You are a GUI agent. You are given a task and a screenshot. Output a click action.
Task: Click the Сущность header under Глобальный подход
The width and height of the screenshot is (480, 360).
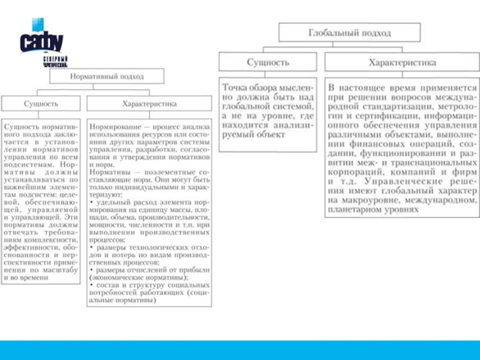click(268, 62)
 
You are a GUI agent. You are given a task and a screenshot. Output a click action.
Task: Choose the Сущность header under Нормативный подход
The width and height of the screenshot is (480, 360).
click(41, 104)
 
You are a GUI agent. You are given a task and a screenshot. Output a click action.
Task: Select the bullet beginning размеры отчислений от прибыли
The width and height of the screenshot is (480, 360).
click(149, 274)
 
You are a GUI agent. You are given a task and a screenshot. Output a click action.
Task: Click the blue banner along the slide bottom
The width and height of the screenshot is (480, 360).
click(240, 349)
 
